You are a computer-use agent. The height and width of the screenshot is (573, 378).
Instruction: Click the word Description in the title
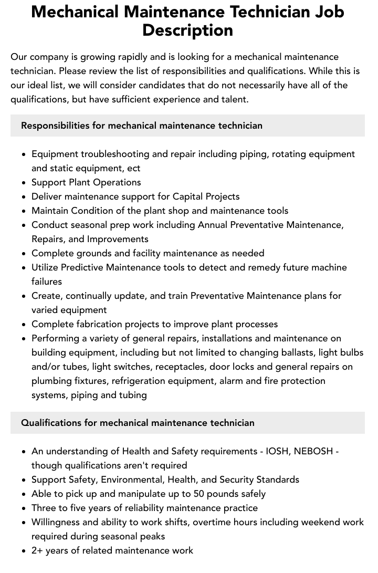click(187, 30)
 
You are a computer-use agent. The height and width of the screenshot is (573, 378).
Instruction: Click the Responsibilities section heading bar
click(187, 126)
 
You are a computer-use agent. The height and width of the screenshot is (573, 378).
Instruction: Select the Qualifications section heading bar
click(187, 423)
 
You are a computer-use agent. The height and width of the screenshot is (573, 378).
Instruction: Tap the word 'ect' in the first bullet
click(133, 168)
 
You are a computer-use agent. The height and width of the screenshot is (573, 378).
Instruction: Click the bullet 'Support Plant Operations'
click(86, 182)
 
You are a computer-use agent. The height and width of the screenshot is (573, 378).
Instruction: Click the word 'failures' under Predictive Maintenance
click(47, 282)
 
